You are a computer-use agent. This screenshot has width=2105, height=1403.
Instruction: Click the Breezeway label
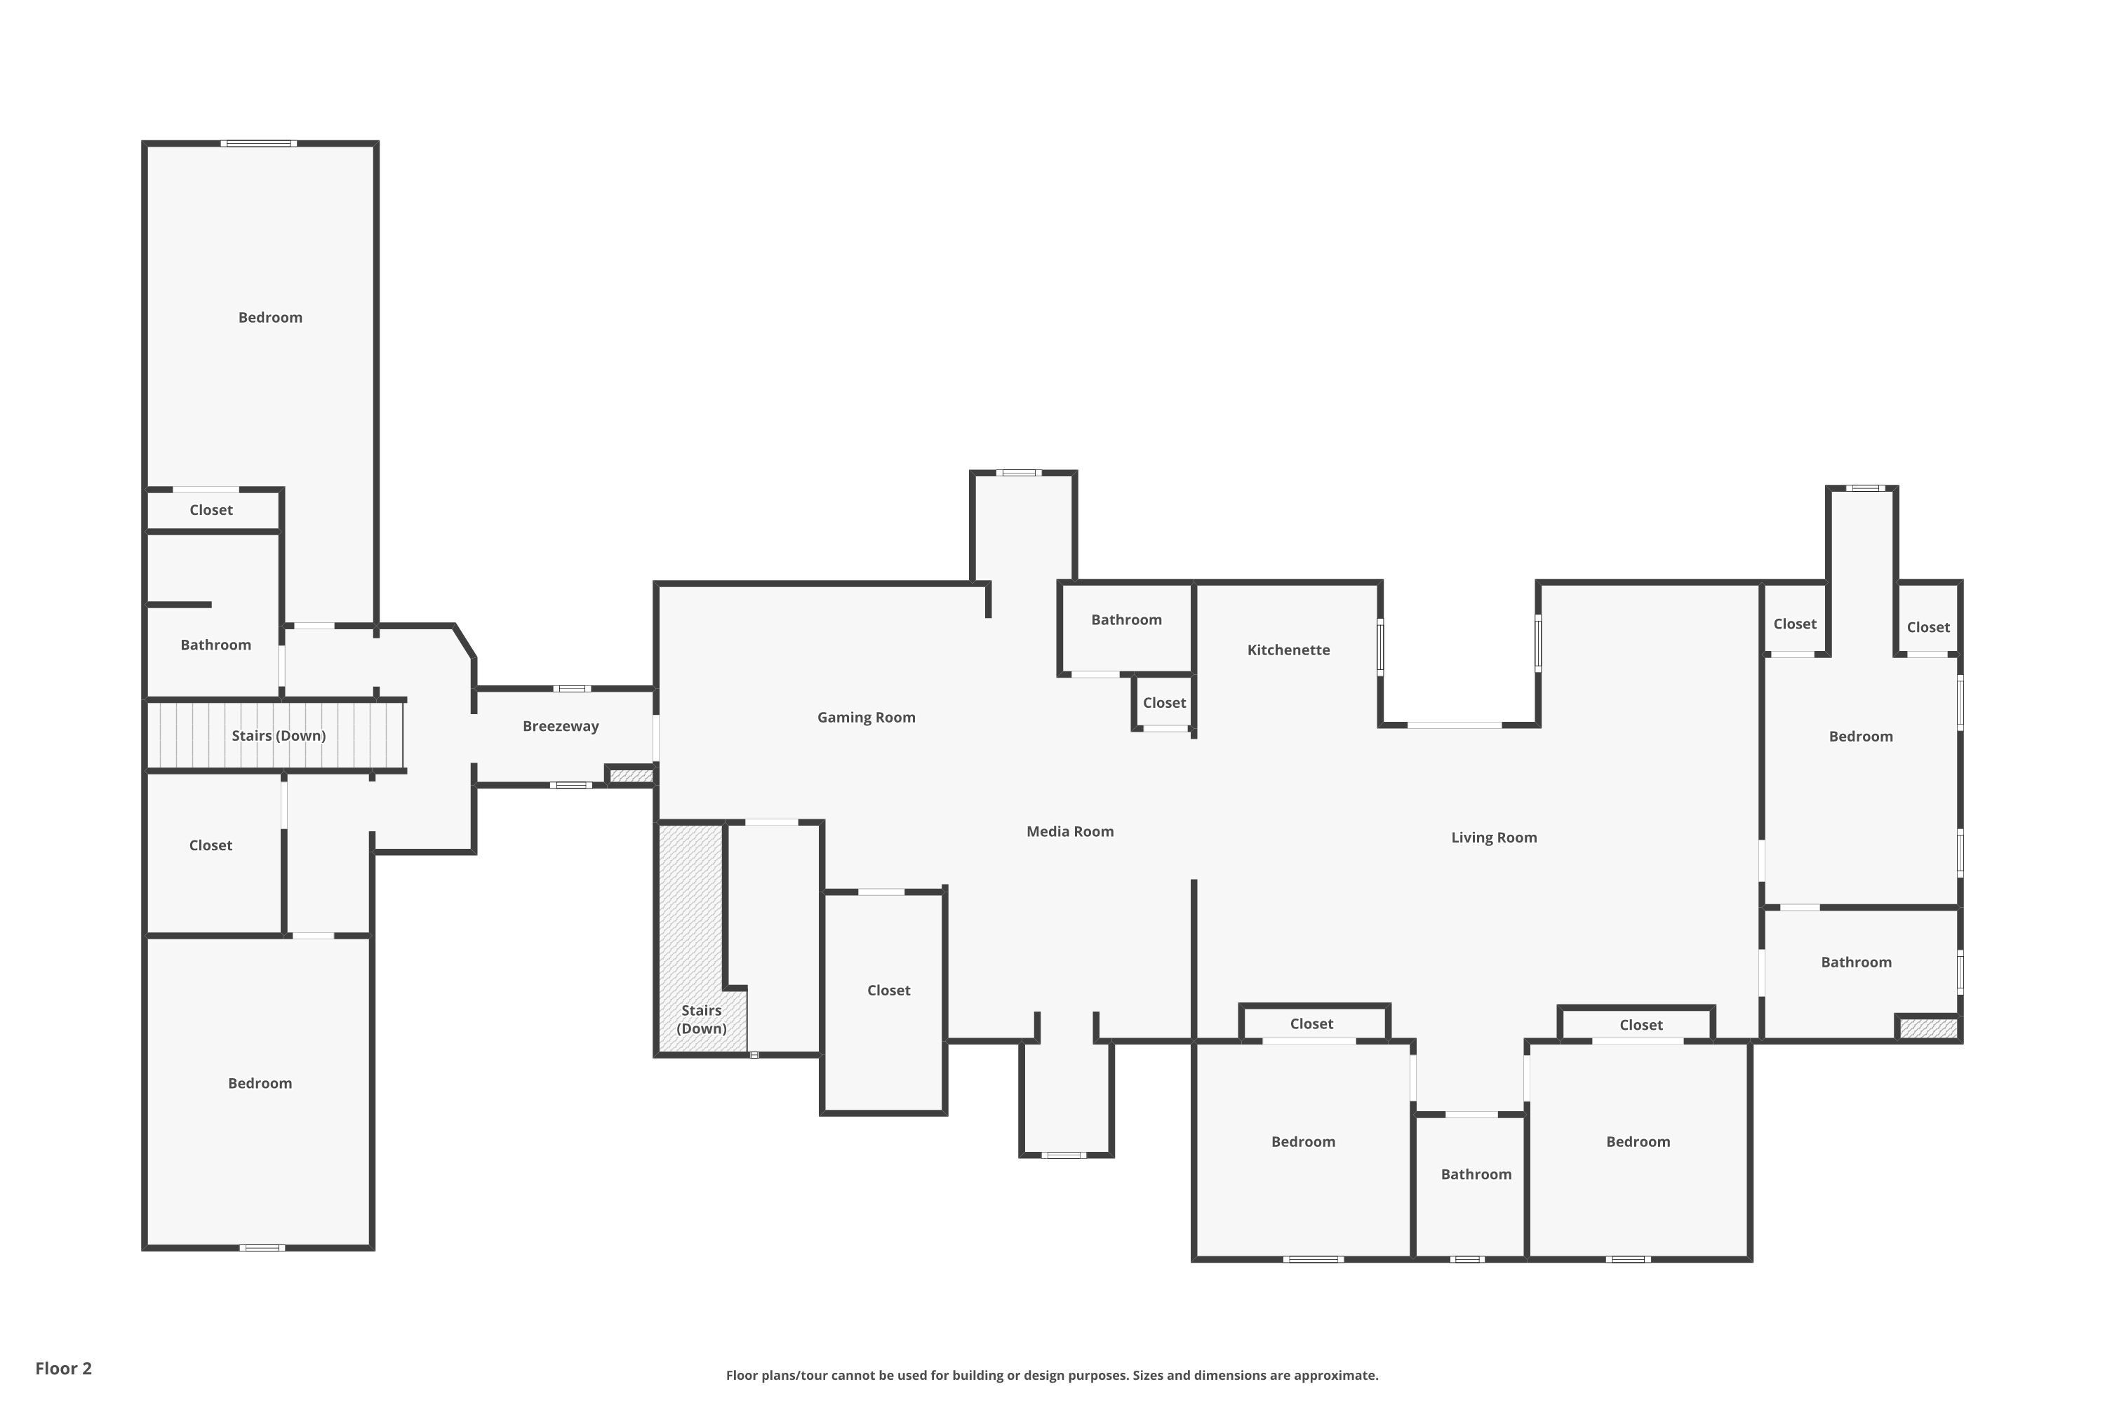point(560,725)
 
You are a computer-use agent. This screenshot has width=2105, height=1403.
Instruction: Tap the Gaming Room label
point(865,717)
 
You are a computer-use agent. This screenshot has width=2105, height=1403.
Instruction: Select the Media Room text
point(1069,831)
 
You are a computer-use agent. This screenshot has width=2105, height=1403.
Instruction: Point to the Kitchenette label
point(1288,650)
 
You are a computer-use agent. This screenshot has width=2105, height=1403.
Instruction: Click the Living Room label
point(1493,838)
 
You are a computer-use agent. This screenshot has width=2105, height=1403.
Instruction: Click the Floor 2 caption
point(64,1368)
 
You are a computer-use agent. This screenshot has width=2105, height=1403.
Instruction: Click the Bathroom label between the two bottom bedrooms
point(1475,1174)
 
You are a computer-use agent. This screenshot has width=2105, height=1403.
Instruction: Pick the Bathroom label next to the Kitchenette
point(1126,619)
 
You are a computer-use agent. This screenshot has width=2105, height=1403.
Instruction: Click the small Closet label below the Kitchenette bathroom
point(1163,702)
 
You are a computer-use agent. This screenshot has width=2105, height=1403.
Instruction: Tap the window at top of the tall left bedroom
point(259,143)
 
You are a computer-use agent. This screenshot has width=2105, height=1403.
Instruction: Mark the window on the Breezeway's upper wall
point(571,688)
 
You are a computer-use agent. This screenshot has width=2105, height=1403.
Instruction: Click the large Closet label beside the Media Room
point(888,990)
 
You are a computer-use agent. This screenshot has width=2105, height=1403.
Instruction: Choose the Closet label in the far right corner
point(1927,627)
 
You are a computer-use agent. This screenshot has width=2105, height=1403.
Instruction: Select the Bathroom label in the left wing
point(215,644)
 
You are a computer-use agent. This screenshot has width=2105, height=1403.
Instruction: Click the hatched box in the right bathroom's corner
point(1927,1028)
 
